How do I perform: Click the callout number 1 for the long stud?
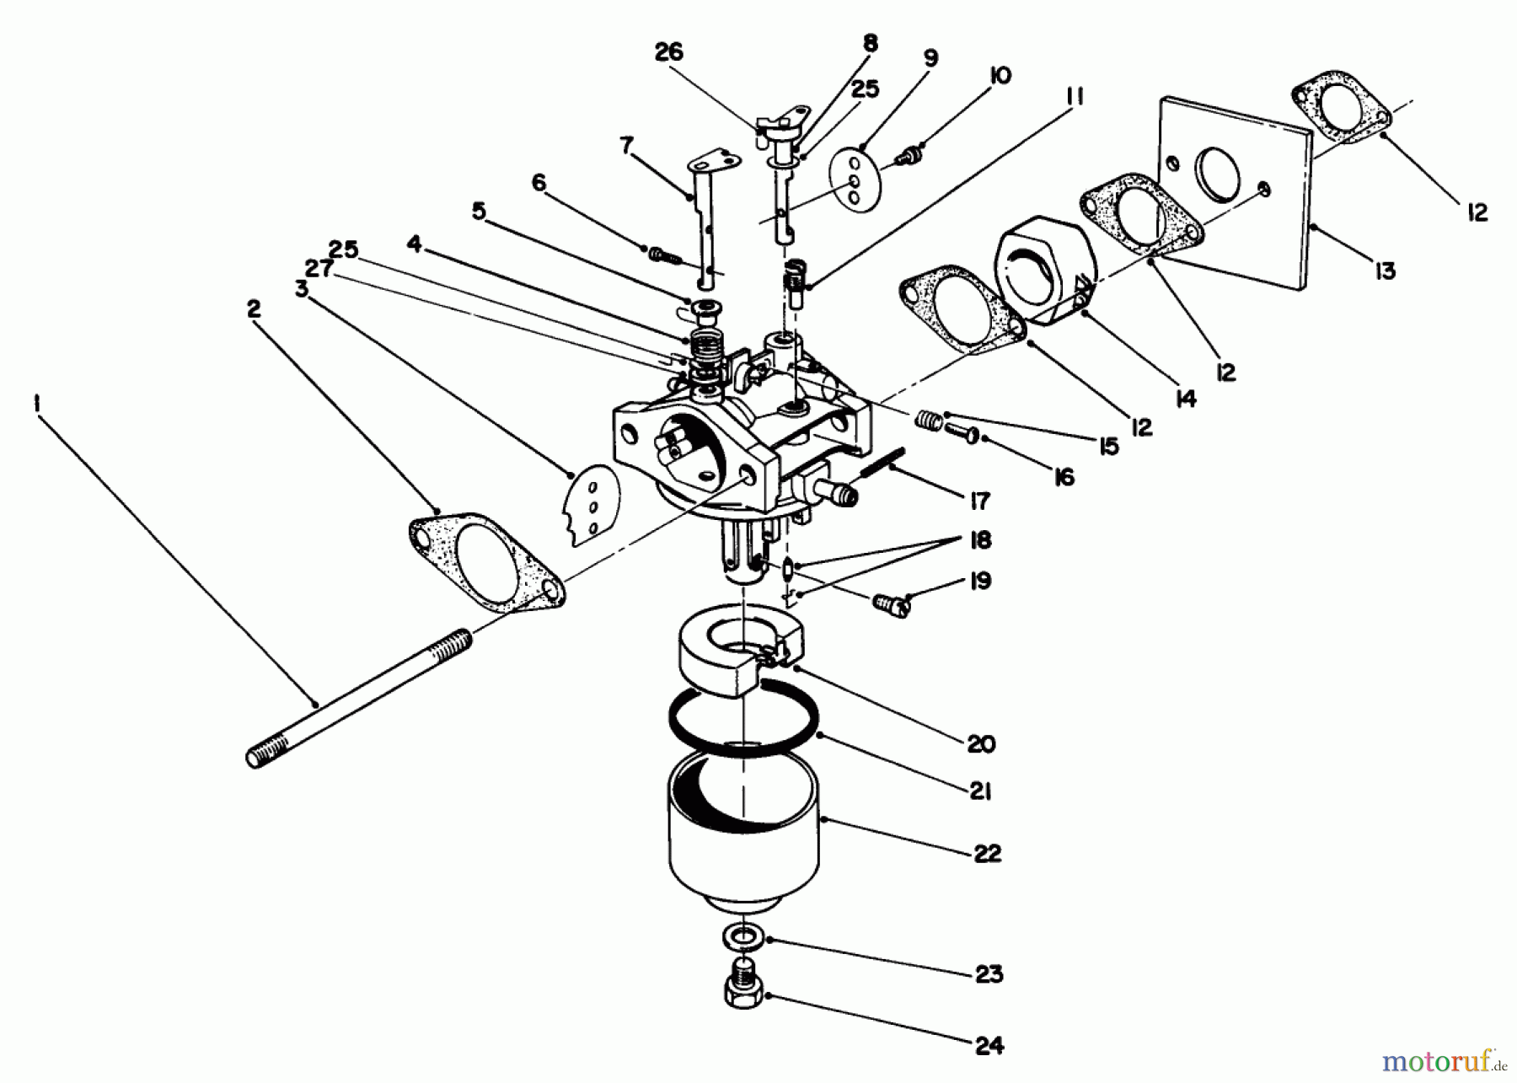coord(36,404)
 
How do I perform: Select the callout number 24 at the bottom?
coord(989,1046)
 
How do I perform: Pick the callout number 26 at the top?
coord(669,52)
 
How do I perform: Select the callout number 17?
coord(978,501)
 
